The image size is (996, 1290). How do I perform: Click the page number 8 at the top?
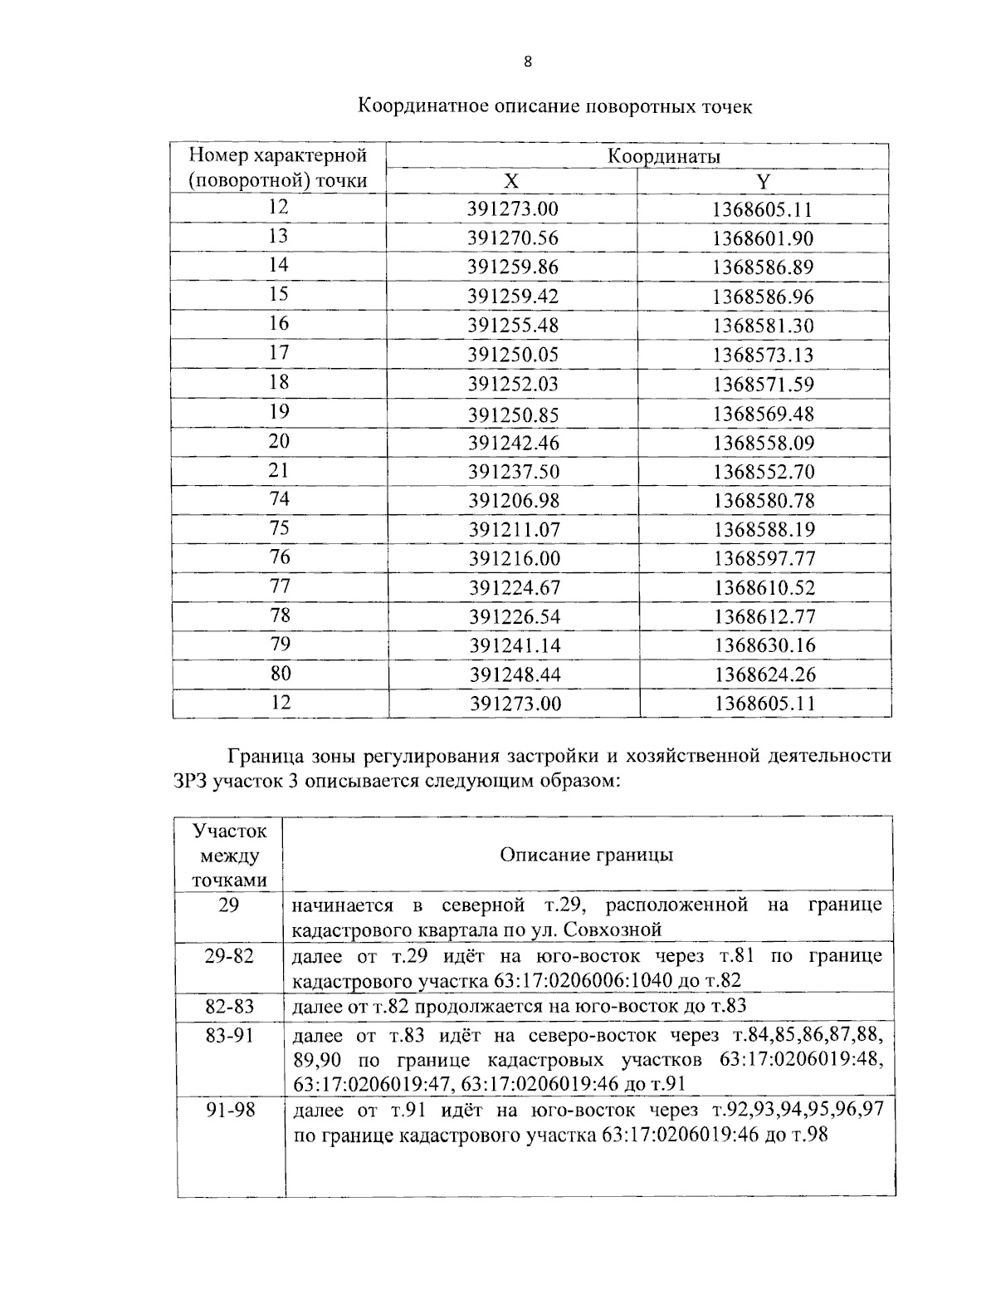[528, 61]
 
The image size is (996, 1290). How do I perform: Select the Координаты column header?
[663, 156]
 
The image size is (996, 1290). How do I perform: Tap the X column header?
[512, 182]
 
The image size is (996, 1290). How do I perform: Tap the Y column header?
[763, 182]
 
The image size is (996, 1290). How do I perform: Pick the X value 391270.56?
[513, 238]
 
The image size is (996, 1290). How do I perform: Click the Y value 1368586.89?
[763, 267]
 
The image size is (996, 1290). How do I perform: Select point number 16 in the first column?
[279, 324]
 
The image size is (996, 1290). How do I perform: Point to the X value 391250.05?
[513, 356]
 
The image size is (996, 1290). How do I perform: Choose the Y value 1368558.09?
[763, 443]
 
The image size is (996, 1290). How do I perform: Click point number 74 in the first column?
[279, 498]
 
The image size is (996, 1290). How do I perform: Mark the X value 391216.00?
[514, 558]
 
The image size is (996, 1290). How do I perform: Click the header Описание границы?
[587, 855]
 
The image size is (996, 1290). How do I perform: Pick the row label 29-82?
[229, 956]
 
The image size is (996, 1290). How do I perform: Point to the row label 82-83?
[229, 1007]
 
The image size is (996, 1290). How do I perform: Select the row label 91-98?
[230, 1110]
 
